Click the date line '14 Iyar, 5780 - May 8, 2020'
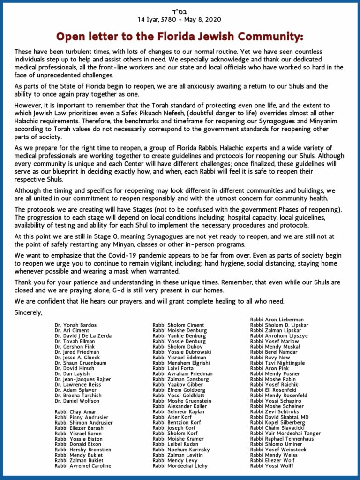pos(180,19)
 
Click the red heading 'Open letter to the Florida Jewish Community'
pos(180,37)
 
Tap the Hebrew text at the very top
pos(180,10)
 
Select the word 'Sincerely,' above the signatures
pos(28,312)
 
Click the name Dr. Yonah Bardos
pos(75,325)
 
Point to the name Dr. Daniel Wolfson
pos(77,401)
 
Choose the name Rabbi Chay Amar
pos(75,411)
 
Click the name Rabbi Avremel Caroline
pos(83,466)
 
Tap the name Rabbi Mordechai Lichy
pos(180,466)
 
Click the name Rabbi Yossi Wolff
pos(272,466)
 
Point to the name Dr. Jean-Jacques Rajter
pos(83,379)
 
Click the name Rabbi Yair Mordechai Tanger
pos(285,434)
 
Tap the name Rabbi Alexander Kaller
pos(180,406)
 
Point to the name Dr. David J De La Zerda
pos(83,335)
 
